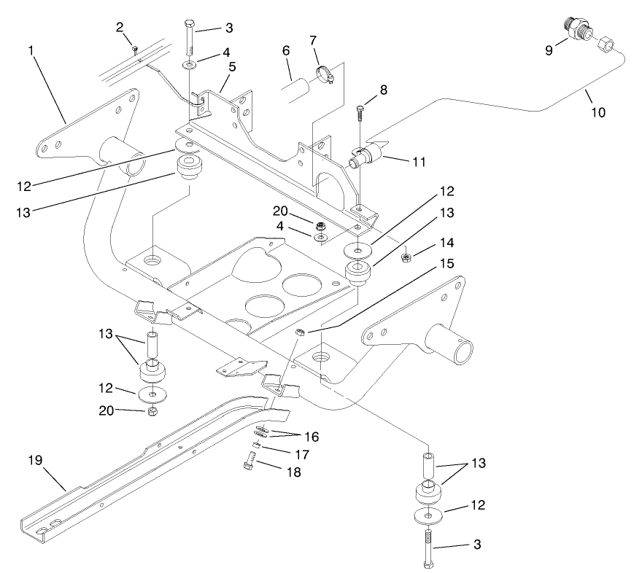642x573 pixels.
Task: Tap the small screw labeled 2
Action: point(136,49)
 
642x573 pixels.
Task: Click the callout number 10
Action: point(597,112)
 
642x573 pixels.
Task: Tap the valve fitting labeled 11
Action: point(368,155)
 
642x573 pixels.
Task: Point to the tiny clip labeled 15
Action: point(299,334)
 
